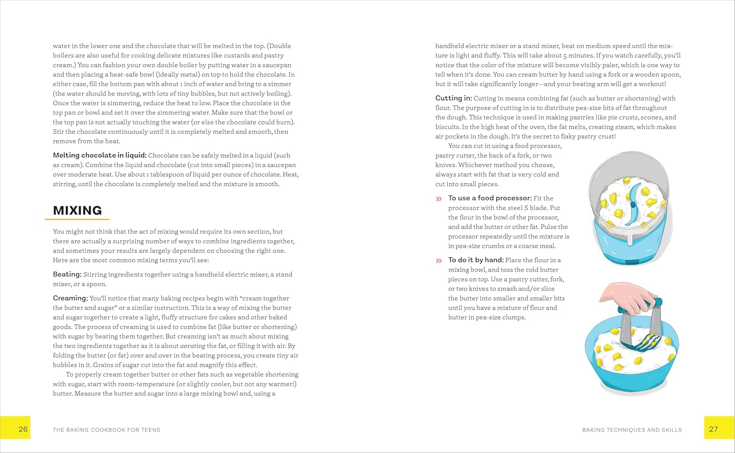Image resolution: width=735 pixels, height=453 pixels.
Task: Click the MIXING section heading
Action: click(x=77, y=211)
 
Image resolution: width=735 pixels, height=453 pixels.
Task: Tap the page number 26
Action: click(x=23, y=429)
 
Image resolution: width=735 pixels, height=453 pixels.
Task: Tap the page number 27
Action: click(x=713, y=429)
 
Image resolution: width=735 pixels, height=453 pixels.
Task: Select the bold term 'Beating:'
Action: click(x=67, y=274)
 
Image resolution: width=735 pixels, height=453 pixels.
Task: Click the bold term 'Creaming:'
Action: click(x=70, y=298)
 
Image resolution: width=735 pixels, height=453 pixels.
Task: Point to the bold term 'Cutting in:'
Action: click(x=453, y=98)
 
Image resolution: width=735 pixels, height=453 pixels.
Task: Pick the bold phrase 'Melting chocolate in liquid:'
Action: click(x=99, y=155)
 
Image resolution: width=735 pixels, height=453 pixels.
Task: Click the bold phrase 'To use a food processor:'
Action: click(x=490, y=198)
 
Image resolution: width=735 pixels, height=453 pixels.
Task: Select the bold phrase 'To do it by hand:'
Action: click(x=475, y=260)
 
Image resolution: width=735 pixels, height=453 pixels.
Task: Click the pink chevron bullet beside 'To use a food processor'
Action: click(x=439, y=199)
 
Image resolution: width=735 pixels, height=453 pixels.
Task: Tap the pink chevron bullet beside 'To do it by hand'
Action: click(x=439, y=261)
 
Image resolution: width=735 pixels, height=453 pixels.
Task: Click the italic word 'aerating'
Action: click(x=193, y=346)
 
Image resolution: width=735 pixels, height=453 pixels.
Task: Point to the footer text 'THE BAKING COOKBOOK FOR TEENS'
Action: click(x=106, y=430)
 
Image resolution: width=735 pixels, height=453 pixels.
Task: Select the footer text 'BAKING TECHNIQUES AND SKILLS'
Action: click(x=632, y=430)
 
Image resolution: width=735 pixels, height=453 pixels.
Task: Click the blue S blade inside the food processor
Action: click(x=632, y=203)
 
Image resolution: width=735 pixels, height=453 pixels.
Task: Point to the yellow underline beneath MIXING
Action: click(x=77, y=219)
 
